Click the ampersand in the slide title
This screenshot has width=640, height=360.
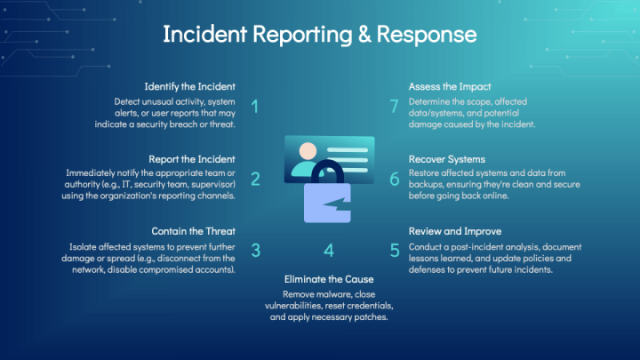tap(365, 35)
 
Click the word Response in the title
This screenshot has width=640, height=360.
tap(427, 36)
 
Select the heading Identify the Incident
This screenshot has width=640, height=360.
tap(190, 86)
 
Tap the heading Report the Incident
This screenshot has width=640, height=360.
tap(192, 159)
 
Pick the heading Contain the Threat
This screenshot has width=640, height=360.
tap(194, 231)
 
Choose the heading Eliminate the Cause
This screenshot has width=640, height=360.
tap(329, 279)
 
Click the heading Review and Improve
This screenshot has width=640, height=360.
tap(455, 231)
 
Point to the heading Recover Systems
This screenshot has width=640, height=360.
tap(447, 160)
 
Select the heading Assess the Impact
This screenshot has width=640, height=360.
tap(450, 87)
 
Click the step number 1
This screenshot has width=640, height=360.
tap(255, 107)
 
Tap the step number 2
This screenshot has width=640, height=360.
tap(255, 180)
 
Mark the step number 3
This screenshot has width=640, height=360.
tap(256, 251)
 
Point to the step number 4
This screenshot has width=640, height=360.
tap(329, 251)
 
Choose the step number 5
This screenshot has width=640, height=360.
tap(395, 251)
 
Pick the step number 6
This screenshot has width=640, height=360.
tap(395, 180)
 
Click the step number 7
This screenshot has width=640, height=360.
tap(395, 107)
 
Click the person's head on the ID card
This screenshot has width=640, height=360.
tap(308, 151)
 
